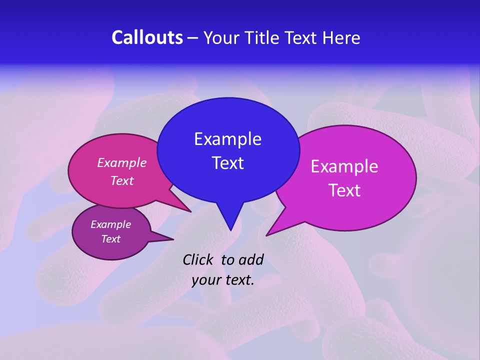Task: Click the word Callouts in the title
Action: click(147, 37)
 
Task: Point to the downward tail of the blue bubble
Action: click(230, 220)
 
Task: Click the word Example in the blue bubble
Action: click(227, 139)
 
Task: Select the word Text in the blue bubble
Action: click(227, 163)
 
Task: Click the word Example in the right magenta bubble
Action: click(344, 166)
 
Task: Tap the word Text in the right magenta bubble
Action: click(344, 190)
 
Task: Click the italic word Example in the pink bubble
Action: click(122, 162)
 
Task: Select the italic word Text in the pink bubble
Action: click(122, 180)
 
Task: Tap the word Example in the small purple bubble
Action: click(110, 224)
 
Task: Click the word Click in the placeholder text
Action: click(198, 259)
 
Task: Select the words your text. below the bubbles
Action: click(223, 280)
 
